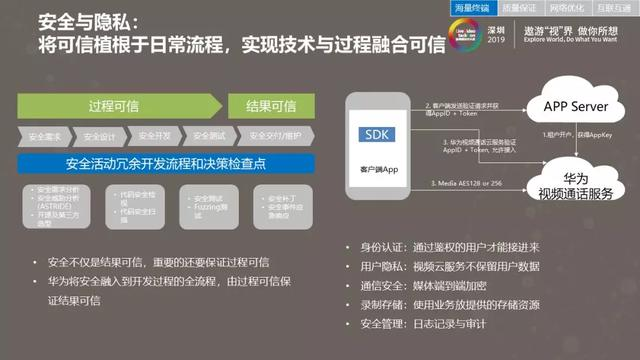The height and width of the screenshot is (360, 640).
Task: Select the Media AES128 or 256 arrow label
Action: point(464,183)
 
